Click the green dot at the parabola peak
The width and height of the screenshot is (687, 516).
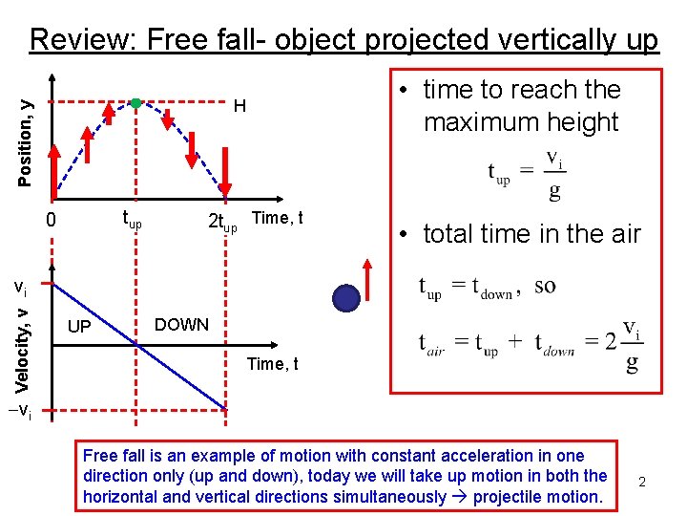click(136, 102)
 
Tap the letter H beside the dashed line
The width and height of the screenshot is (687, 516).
click(240, 106)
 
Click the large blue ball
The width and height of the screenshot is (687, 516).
click(346, 298)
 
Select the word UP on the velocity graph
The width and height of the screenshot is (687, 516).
click(80, 328)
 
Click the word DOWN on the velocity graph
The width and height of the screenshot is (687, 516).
click(181, 325)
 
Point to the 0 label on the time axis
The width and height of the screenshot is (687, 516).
click(53, 222)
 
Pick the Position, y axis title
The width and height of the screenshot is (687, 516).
click(28, 130)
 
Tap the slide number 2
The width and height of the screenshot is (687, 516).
click(642, 482)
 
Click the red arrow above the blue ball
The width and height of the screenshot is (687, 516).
click(367, 270)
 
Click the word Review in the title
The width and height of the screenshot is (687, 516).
click(83, 39)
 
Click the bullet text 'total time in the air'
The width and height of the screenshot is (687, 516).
click(531, 234)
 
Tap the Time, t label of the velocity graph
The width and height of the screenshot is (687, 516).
click(272, 364)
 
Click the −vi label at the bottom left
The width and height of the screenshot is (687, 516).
click(21, 412)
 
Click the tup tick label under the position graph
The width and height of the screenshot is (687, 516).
click(132, 222)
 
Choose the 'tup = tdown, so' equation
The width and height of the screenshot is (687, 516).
click(488, 287)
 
